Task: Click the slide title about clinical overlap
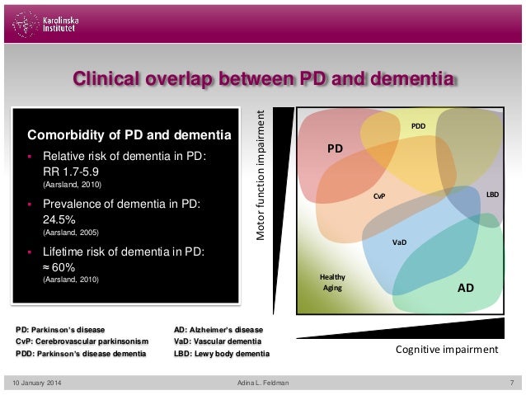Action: point(264,80)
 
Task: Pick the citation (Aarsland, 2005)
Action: point(70,233)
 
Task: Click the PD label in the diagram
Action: point(335,149)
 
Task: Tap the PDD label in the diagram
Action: point(418,127)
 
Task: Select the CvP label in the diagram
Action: point(380,197)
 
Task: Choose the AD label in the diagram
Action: point(465,289)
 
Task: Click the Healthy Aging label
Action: point(333,283)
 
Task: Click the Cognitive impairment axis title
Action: point(448,350)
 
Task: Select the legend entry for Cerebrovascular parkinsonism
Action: point(82,341)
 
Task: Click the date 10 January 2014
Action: point(39,383)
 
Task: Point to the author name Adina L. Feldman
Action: point(264,383)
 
